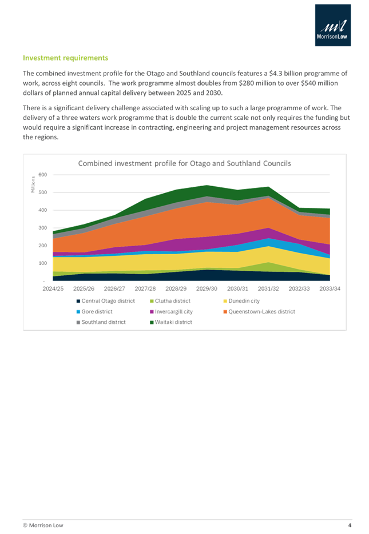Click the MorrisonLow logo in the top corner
(x=333, y=26)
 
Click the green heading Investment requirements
(x=65, y=58)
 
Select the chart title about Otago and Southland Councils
(x=184, y=163)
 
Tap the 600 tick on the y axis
(x=42, y=175)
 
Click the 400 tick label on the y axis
(x=42, y=210)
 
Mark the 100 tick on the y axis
(x=42, y=263)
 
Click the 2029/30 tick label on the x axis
(x=208, y=288)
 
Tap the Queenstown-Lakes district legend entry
(x=259, y=311)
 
